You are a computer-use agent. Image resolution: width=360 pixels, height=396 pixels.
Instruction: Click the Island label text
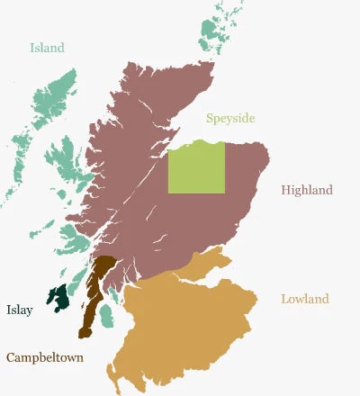[x=47, y=48]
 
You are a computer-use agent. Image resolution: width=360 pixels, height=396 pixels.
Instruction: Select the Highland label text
[x=306, y=190]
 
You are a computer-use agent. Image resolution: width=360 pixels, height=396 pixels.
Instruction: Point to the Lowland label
[x=304, y=299]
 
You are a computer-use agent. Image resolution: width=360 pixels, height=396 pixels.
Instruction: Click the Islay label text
[x=20, y=310]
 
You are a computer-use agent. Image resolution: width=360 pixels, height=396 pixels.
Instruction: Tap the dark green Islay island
[x=58, y=298]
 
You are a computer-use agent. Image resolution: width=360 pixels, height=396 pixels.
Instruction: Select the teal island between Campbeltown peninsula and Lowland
[x=107, y=316]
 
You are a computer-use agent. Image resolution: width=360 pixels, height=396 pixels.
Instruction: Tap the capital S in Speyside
[x=210, y=118]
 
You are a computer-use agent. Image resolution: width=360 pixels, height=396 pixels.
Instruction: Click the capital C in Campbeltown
[x=11, y=357]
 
